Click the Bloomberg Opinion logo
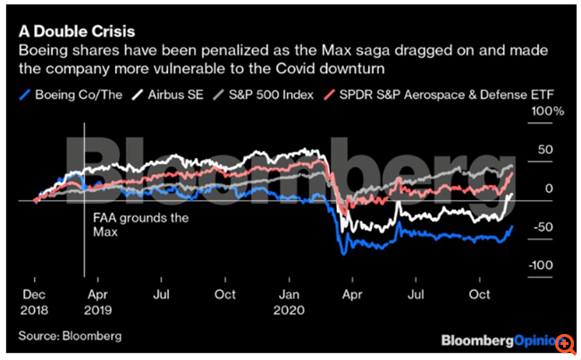coord(496,340)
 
